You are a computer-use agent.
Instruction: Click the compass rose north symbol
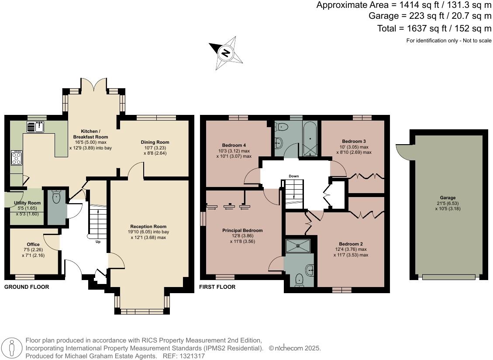[226, 52]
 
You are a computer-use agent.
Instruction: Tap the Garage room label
[448, 197]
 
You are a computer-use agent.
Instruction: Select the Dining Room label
[155, 142]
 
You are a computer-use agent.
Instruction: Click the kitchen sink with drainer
[35, 127]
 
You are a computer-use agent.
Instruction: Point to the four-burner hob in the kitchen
[16, 158]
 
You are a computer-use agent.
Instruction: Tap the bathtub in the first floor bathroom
[310, 139]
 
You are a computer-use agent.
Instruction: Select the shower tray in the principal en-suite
[298, 246]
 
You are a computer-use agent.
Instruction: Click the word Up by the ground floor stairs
[98, 242]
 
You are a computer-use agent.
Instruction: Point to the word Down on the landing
[294, 176]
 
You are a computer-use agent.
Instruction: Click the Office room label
[33, 244]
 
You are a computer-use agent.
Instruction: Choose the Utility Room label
[28, 203]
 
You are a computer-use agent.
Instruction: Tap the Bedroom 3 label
[354, 141]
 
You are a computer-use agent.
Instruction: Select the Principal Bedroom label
[242, 230]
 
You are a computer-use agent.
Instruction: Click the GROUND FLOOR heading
[27, 287]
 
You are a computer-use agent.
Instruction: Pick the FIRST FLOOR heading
[217, 287]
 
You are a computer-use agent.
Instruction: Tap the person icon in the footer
[12, 349]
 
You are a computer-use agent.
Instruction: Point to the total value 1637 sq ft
[427, 28]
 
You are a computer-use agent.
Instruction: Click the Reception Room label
[148, 227]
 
